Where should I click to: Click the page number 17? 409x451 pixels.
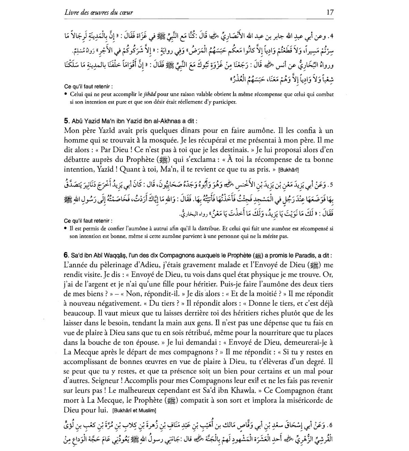tap(330, 13)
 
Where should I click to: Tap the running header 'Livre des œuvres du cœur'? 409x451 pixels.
tap(99, 13)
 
